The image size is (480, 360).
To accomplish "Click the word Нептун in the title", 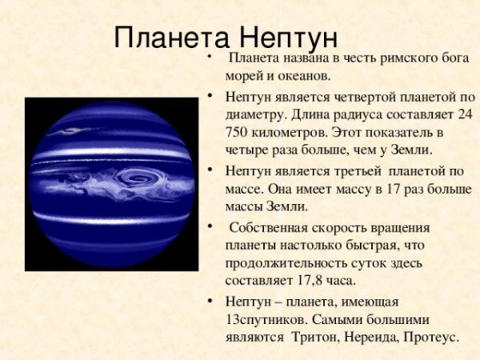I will click(x=289, y=37).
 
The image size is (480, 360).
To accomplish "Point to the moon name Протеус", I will click(x=431, y=337).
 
